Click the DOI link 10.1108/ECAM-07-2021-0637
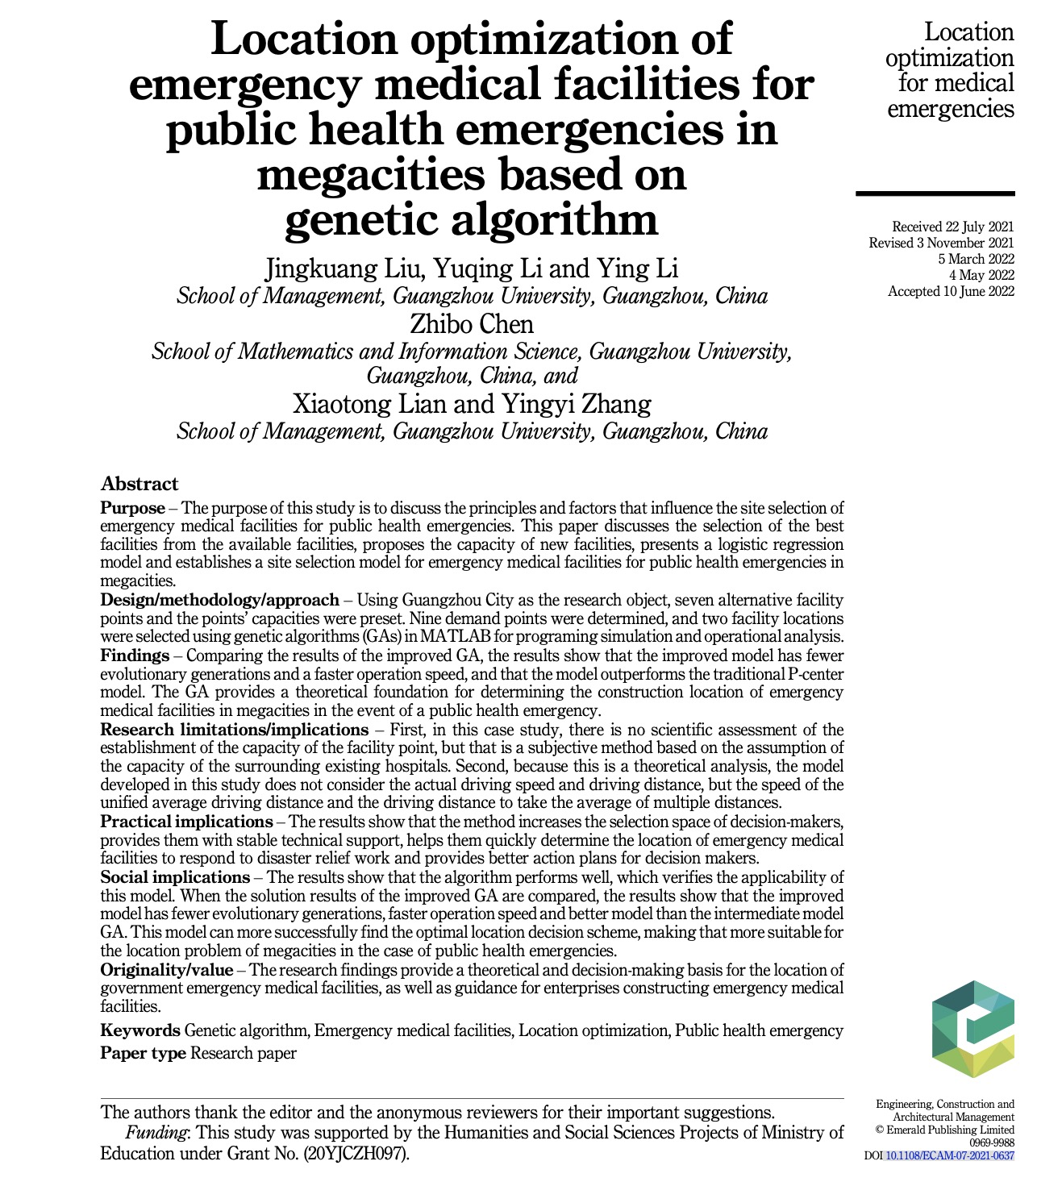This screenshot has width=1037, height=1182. click(949, 1155)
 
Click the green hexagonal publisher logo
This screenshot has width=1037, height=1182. click(973, 1030)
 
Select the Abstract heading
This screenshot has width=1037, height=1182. click(140, 484)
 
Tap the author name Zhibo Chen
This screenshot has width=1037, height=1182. click(472, 324)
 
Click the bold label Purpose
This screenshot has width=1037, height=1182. click(132, 508)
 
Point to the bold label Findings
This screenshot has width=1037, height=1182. click(135, 656)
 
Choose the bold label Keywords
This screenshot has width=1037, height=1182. click(140, 1030)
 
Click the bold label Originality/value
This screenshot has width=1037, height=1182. click(166, 970)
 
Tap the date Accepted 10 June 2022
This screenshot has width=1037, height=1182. click(951, 291)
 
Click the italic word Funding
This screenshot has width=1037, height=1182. click(156, 1133)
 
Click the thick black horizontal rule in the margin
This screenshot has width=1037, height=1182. click(935, 194)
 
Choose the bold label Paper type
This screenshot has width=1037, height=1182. click(143, 1053)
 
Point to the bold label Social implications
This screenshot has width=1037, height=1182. click(175, 877)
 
